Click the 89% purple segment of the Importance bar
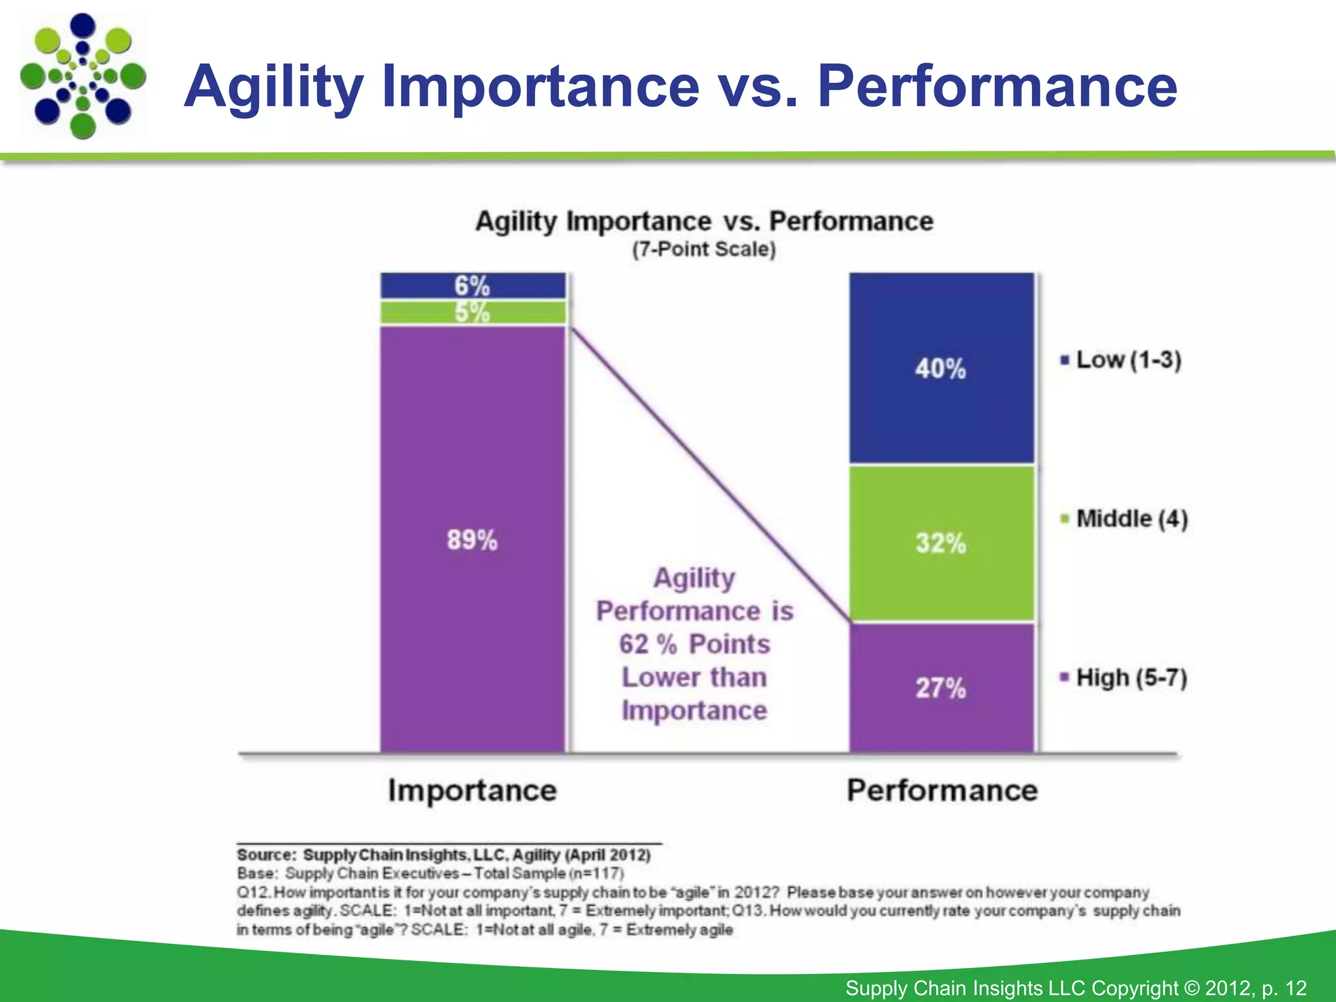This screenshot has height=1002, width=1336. pyautogui.click(x=472, y=539)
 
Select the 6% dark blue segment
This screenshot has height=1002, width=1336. pyautogui.click(x=472, y=286)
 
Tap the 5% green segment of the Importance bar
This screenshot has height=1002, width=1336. pyautogui.click(x=472, y=312)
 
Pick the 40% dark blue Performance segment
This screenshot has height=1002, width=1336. pyautogui.click(x=941, y=369)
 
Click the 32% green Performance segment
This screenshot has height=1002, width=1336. pyautogui.click(x=941, y=543)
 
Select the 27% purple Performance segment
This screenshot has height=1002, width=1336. pyautogui.click(x=941, y=688)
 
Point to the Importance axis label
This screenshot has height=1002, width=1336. pyautogui.click(x=472, y=790)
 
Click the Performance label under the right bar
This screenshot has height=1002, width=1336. pyautogui.click(x=942, y=790)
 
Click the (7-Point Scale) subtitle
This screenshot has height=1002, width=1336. pyautogui.click(x=704, y=249)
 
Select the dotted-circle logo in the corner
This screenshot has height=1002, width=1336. pyautogui.click(x=83, y=76)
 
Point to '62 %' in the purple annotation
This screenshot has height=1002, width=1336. pyautogui.click(x=648, y=645)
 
